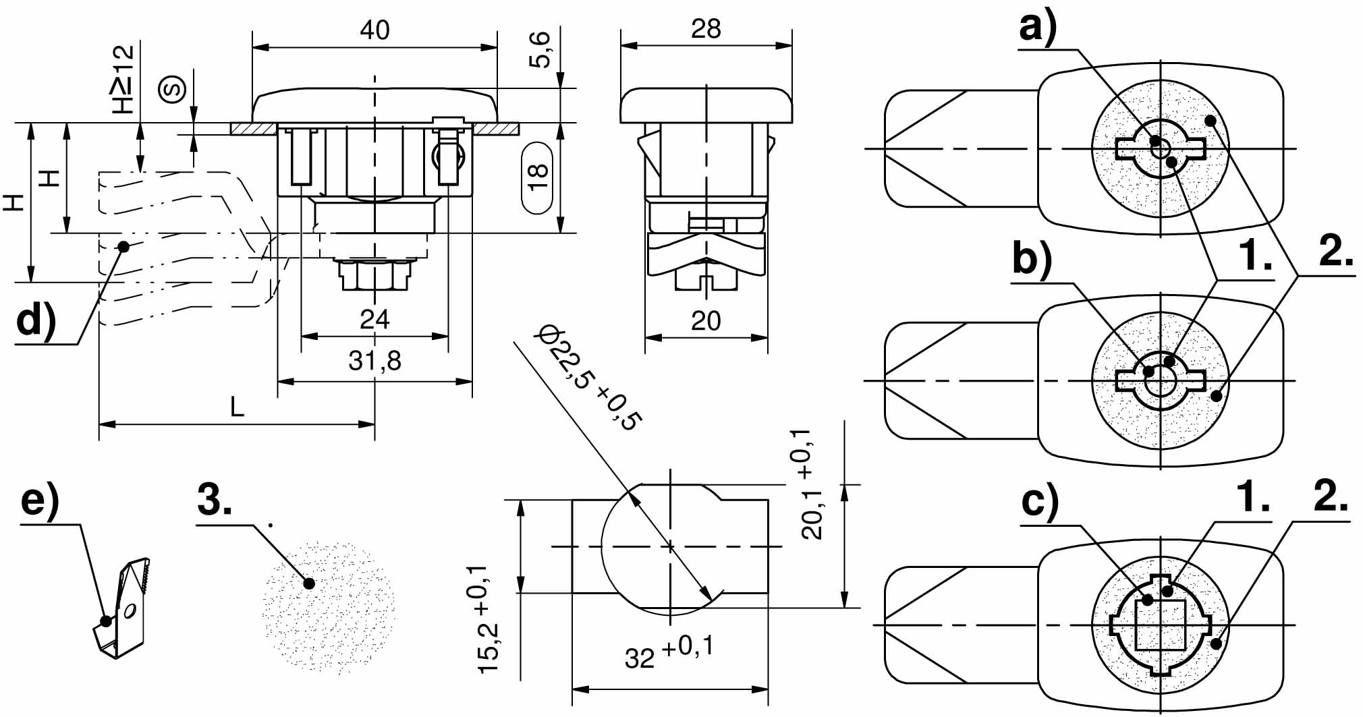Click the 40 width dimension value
click(x=374, y=30)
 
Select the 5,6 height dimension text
click(x=540, y=50)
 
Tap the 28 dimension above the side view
click(x=706, y=28)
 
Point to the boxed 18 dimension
click(x=538, y=177)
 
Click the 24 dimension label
click(x=374, y=319)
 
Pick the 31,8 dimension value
click(x=374, y=361)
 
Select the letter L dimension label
click(x=237, y=407)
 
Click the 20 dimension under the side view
click(x=706, y=320)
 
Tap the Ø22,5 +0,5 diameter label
click(x=588, y=378)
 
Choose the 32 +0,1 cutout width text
click(x=669, y=652)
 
